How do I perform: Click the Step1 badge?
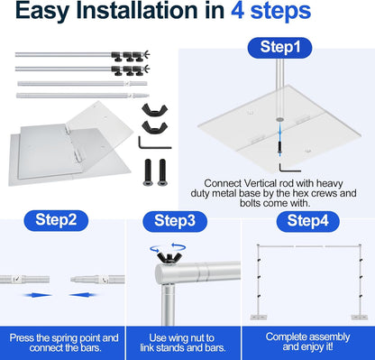pyautogui.click(x=279, y=48)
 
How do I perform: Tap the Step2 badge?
pyautogui.click(x=56, y=220)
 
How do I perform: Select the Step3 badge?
pyautogui.click(x=175, y=221)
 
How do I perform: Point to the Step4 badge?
pyautogui.click(x=308, y=221)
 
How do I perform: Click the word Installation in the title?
pyautogui.click(x=151, y=11)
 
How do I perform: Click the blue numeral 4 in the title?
pyautogui.click(x=237, y=11)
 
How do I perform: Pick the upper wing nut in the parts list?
pyautogui.click(x=154, y=109)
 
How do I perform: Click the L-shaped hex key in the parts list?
pyautogui.click(x=154, y=143)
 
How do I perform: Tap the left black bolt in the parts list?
pyautogui.click(x=148, y=172)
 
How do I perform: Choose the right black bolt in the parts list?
pyautogui.click(x=162, y=172)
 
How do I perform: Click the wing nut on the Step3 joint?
pyautogui.click(x=169, y=257)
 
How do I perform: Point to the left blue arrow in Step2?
pyautogui.click(x=37, y=295)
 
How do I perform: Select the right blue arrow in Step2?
pyautogui.click(x=83, y=295)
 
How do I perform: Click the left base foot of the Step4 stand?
pyautogui.click(x=259, y=318)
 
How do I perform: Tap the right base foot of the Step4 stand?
pyautogui.click(x=360, y=318)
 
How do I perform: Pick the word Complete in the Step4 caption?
pyautogui.click(x=284, y=337)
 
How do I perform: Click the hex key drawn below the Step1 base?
pyautogui.click(x=288, y=169)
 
